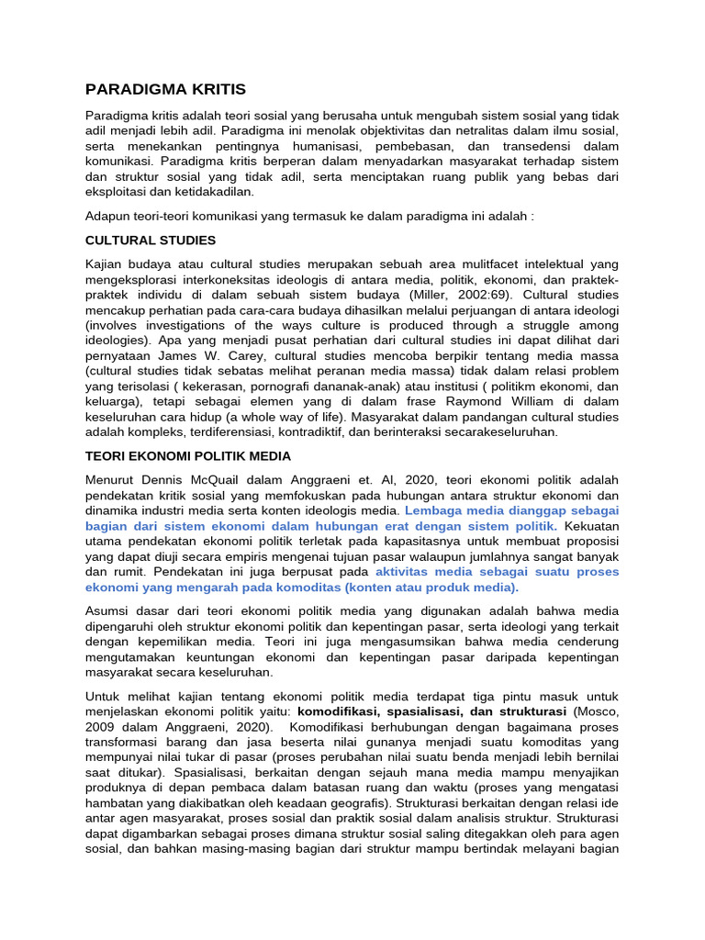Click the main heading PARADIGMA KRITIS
click(165, 89)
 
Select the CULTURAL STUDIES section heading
click(151, 241)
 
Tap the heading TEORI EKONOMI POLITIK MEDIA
click(188, 455)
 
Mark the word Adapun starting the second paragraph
click(110, 217)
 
